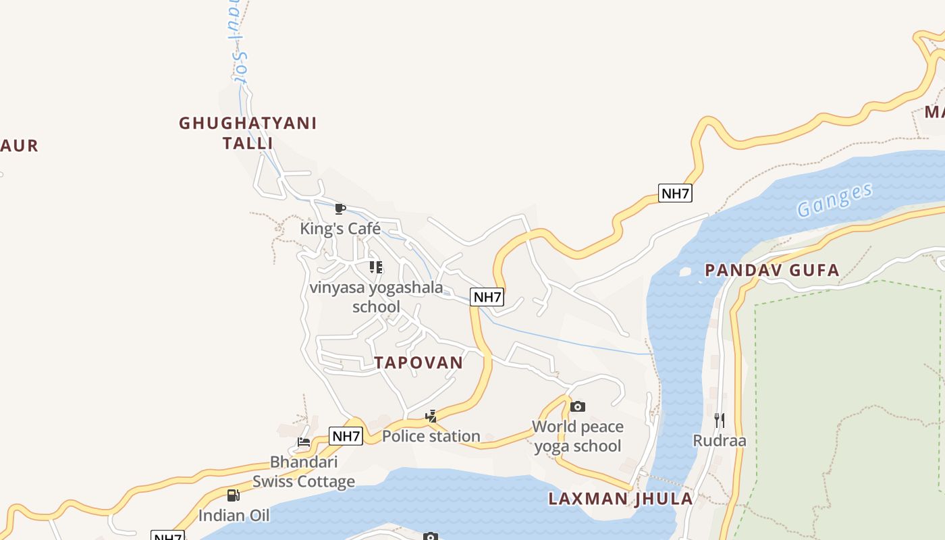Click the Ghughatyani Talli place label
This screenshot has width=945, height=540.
[248, 133]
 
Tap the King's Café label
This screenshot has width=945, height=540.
[340, 229]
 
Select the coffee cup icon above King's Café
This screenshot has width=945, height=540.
[340, 209]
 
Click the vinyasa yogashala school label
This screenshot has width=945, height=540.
[376, 297]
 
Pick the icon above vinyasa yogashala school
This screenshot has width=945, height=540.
[376, 267]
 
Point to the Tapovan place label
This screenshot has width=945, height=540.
[419, 362]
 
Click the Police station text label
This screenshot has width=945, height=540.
[431, 436]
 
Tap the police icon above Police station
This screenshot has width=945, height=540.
[431, 416]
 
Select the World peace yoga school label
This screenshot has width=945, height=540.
[578, 436]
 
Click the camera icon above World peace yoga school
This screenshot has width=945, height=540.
[578, 406]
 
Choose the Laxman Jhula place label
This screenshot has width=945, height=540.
[620, 499]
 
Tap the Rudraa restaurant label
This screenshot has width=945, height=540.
[720, 441]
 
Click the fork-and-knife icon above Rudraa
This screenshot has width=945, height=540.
[720, 421]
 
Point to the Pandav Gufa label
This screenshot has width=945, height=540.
[772, 271]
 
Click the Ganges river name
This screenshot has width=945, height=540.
[835, 200]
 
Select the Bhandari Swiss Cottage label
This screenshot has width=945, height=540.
[304, 472]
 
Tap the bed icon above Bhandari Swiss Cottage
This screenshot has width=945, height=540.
[304, 443]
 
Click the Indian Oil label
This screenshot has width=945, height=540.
[234, 516]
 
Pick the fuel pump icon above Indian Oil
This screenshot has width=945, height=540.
[234, 495]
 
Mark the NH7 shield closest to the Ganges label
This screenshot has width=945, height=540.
[675, 194]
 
